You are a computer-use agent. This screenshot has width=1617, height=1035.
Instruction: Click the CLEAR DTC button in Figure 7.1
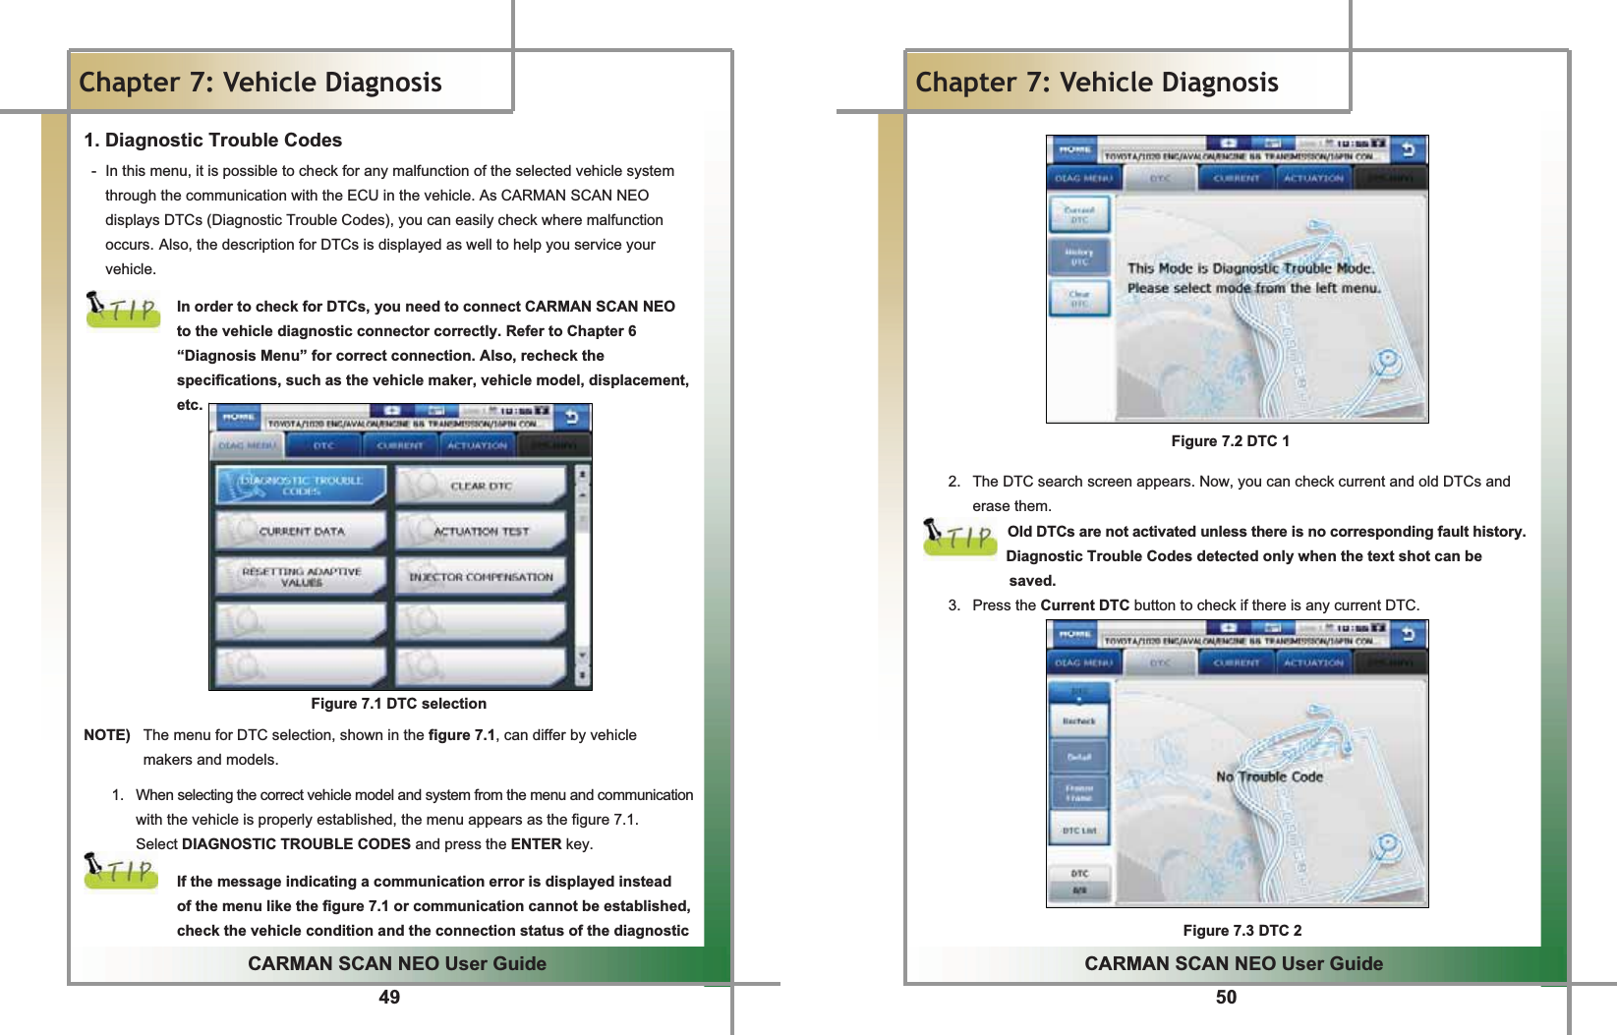pos(481,486)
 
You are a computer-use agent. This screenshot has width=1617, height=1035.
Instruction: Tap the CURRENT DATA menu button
pos(301,531)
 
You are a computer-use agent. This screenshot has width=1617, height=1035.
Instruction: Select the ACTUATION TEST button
pos(481,531)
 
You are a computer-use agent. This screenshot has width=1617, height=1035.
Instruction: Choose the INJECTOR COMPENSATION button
pos(481,577)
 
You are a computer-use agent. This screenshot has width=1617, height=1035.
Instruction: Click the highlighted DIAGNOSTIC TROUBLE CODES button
pos(301,486)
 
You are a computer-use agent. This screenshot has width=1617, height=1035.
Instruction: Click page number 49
pos(389,997)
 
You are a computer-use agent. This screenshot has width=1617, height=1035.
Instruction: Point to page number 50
pos(1226,997)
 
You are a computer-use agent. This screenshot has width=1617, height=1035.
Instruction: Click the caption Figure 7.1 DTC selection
pos(398,704)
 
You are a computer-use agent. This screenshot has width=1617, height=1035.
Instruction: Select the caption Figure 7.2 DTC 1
pos(1230,441)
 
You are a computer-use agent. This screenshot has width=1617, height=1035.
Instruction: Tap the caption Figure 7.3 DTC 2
pos(1242,930)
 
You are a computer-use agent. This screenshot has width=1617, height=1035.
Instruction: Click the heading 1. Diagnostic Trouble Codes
pos(213,140)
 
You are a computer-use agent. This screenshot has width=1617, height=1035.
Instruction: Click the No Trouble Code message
pos(1269,776)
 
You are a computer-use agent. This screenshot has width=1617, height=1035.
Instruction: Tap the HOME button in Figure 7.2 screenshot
pos(1074,150)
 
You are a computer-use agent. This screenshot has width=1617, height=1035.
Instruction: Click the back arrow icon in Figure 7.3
pos(1408,634)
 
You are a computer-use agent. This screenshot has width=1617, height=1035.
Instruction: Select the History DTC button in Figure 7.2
pos(1079,258)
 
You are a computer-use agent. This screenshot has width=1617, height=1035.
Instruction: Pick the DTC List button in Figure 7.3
pos(1079,831)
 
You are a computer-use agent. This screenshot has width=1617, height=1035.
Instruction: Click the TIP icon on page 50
pos(959,538)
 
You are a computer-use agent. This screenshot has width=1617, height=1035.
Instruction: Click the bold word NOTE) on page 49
pos(107,734)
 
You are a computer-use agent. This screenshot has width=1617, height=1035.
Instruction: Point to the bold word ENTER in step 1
pos(536,843)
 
